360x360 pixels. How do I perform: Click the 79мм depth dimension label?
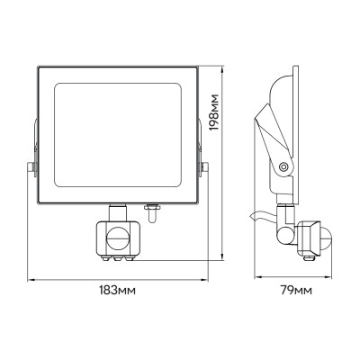295,289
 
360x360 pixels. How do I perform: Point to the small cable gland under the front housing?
153,214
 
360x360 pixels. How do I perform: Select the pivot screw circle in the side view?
285,166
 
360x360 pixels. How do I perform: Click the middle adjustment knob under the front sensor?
119,257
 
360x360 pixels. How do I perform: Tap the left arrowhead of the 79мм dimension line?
253,275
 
